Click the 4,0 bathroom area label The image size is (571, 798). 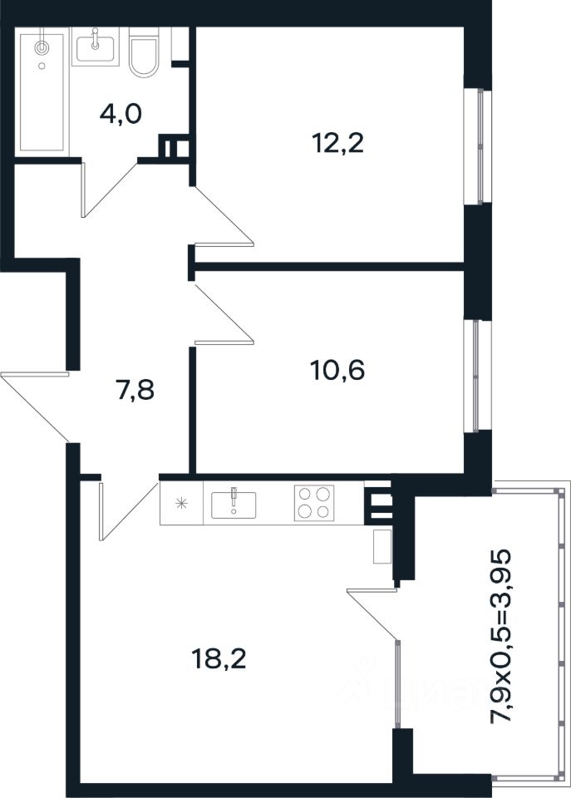[x=121, y=114]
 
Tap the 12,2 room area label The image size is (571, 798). [x=337, y=143]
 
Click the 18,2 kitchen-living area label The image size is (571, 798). [x=219, y=659]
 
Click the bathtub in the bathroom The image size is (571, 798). [x=42, y=92]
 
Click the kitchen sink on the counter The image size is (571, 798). [x=234, y=504]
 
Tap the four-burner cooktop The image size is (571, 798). [x=314, y=503]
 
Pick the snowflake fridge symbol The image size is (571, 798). [x=180, y=504]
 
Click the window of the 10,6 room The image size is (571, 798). [x=475, y=376]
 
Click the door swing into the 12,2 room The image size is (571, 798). [x=224, y=216]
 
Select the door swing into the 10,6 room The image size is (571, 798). [x=224, y=313]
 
